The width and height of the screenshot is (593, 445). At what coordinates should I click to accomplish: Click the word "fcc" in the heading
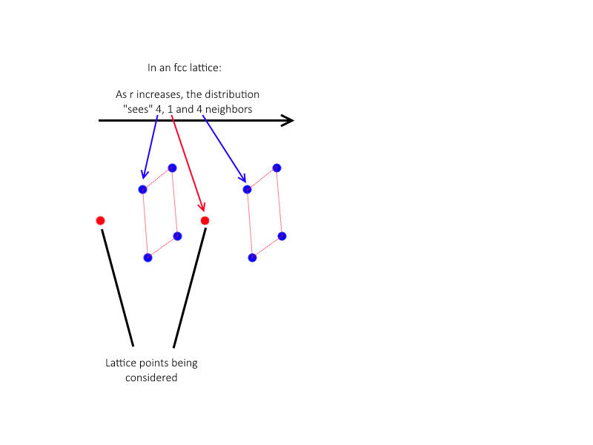[180, 68]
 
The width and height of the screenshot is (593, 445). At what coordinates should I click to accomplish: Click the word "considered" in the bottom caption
[151, 378]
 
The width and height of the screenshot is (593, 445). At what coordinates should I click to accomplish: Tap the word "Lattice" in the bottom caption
[121, 363]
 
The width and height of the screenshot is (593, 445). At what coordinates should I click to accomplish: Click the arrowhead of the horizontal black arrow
[288, 121]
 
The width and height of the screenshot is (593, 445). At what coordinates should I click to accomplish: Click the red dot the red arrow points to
[205, 220]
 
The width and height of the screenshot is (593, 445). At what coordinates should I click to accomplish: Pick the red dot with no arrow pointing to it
[100, 220]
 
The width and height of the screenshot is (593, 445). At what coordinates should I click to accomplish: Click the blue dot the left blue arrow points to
[143, 189]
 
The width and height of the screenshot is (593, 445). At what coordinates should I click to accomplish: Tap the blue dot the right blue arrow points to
[248, 189]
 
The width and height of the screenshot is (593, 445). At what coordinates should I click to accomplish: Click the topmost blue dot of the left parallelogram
[172, 168]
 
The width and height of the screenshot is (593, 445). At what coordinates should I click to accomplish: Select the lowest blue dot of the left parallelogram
[148, 257]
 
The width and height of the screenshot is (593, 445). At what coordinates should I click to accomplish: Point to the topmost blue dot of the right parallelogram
[276, 168]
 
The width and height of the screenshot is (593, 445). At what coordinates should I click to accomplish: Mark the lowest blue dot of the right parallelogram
[252, 257]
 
